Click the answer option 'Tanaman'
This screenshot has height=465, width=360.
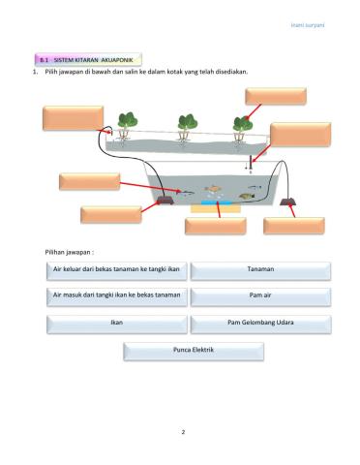(x=260, y=270)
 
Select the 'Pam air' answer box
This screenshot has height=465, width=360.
(x=260, y=295)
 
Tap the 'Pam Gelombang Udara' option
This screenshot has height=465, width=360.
(x=260, y=323)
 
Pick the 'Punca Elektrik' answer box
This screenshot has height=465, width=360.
(x=193, y=350)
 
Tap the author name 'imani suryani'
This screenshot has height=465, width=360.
(x=308, y=24)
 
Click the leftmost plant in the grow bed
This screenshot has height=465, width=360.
(x=127, y=122)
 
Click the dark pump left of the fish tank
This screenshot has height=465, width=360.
(x=165, y=201)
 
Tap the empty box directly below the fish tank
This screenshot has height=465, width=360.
(x=215, y=226)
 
